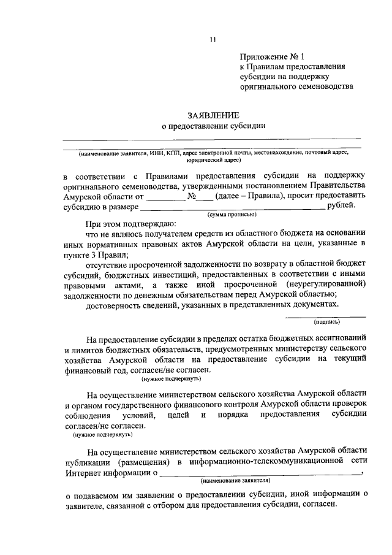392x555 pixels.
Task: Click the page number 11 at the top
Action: point(212,40)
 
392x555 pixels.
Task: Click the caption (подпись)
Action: point(326,321)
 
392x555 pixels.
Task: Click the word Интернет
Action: point(82,473)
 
